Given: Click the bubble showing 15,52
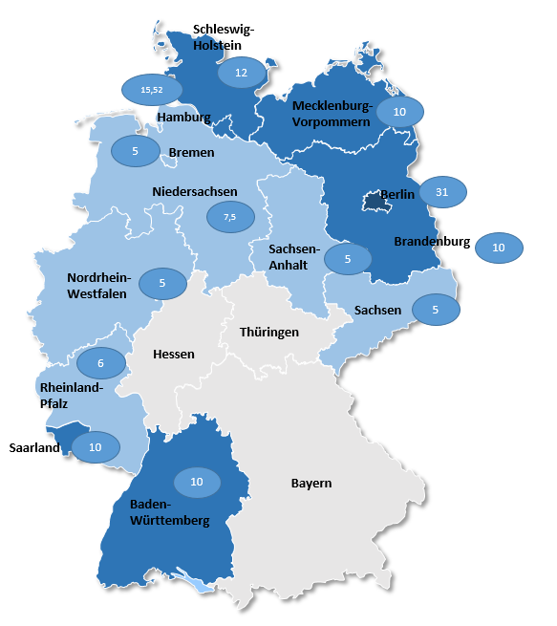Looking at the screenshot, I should pyautogui.click(x=152, y=89).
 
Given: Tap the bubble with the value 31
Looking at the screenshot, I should pyautogui.click(x=443, y=192).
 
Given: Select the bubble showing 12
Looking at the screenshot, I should pyautogui.click(x=242, y=73).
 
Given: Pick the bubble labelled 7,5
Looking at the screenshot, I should pyautogui.click(x=230, y=217).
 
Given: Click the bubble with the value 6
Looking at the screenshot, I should pyautogui.click(x=100, y=363).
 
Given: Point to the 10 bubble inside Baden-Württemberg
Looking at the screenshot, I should pyautogui.click(x=197, y=483).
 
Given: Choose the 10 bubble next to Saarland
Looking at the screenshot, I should pyautogui.click(x=96, y=447).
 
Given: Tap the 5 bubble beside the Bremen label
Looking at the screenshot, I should pyautogui.click(x=136, y=151).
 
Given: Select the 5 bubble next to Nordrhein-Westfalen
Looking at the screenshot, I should pyautogui.click(x=163, y=283).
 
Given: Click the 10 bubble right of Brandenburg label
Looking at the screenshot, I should pyautogui.click(x=499, y=248).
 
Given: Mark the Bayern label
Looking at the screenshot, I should pyautogui.click(x=311, y=483).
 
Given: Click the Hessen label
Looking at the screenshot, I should pyautogui.click(x=174, y=354).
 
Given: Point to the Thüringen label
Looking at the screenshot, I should pyautogui.click(x=269, y=333).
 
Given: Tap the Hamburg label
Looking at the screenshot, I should pyautogui.click(x=184, y=118).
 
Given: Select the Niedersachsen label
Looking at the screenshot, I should pyautogui.click(x=195, y=191).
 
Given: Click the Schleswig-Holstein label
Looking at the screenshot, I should pyautogui.click(x=225, y=36).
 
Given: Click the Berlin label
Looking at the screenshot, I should pyautogui.click(x=397, y=195).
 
